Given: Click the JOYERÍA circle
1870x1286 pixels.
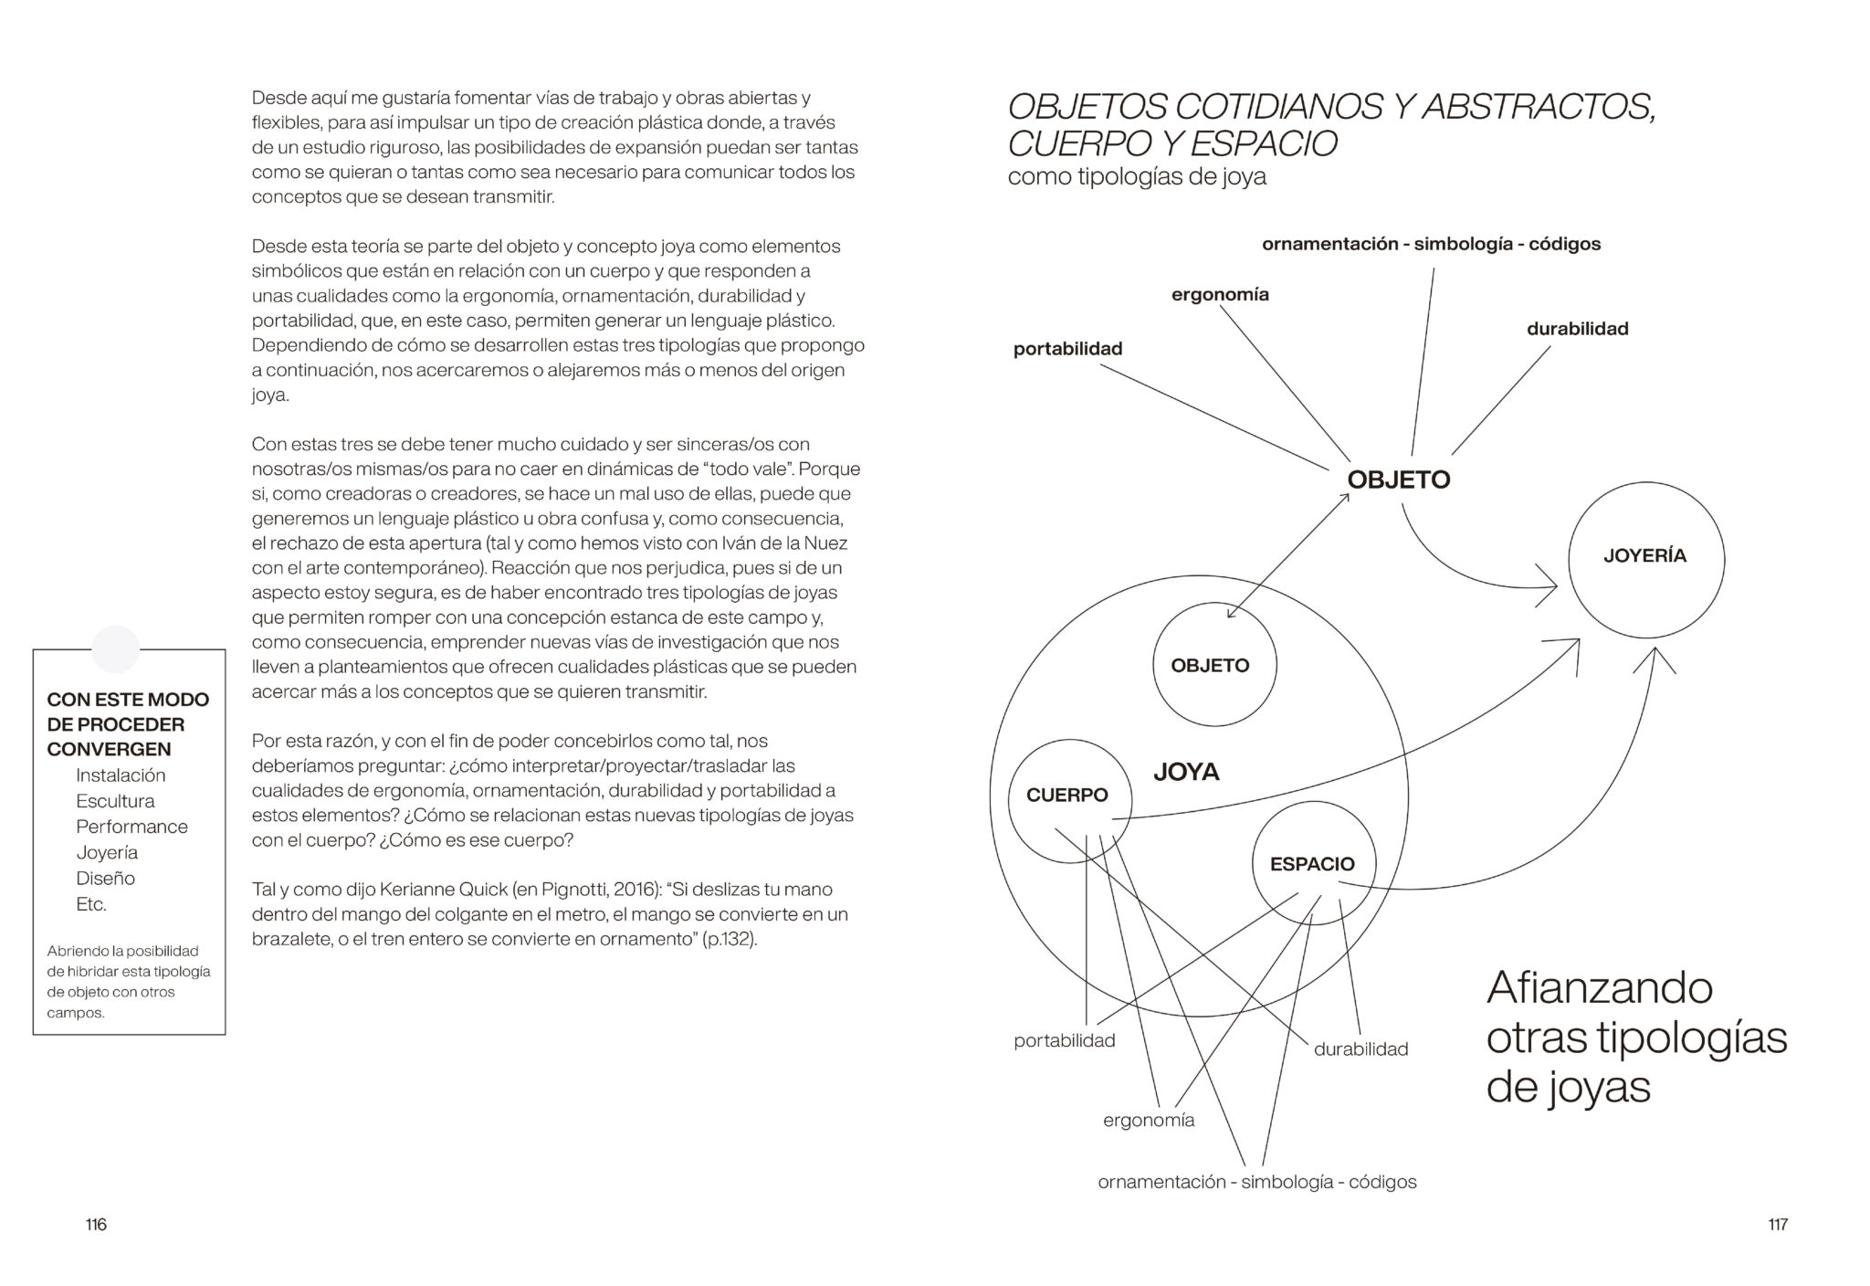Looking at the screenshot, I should pyautogui.click(x=1645, y=559).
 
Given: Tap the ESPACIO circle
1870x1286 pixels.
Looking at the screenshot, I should pyautogui.click(x=1313, y=864).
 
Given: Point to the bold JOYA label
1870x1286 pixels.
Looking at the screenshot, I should pyautogui.click(x=1186, y=773).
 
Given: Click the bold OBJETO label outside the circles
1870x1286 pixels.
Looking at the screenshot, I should pyautogui.click(x=1399, y=480).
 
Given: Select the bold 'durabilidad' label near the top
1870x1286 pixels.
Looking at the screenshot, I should pyautogui.click(x=1577, y=329).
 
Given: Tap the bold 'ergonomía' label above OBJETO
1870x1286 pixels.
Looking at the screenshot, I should pyautogui.click(x=1220, y=295).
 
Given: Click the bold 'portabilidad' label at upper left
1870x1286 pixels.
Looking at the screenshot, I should pyautogui.click(x=1067, y=349).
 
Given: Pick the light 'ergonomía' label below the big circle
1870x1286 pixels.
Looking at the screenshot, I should pyautogui.click(x=1149, y=1120).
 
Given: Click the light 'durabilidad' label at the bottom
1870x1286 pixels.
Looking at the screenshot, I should pyautogui.click(x=1360, y=1049).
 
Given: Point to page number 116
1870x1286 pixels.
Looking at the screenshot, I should pyautogui.click(x=96, y=1225).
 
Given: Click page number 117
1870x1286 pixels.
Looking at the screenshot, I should pyautogui.click(x=1777, y=1225).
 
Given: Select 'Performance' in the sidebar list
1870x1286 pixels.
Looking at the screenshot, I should pyautogui.click(x=131, y=827).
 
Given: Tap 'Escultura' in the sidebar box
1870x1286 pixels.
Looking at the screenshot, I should pyautogui.click(x=115, y=801).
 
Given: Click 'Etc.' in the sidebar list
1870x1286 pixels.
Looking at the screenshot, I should pyautogui.click(x=91, y=904).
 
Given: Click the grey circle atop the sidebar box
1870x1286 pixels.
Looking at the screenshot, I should pyautogui.click(x=116, y=649).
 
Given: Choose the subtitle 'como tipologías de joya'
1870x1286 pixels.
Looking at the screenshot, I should pyautogui.click(x=1137, y=176).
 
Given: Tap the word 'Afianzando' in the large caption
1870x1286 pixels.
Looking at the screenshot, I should pyautogui.click(x=1599, y=988).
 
